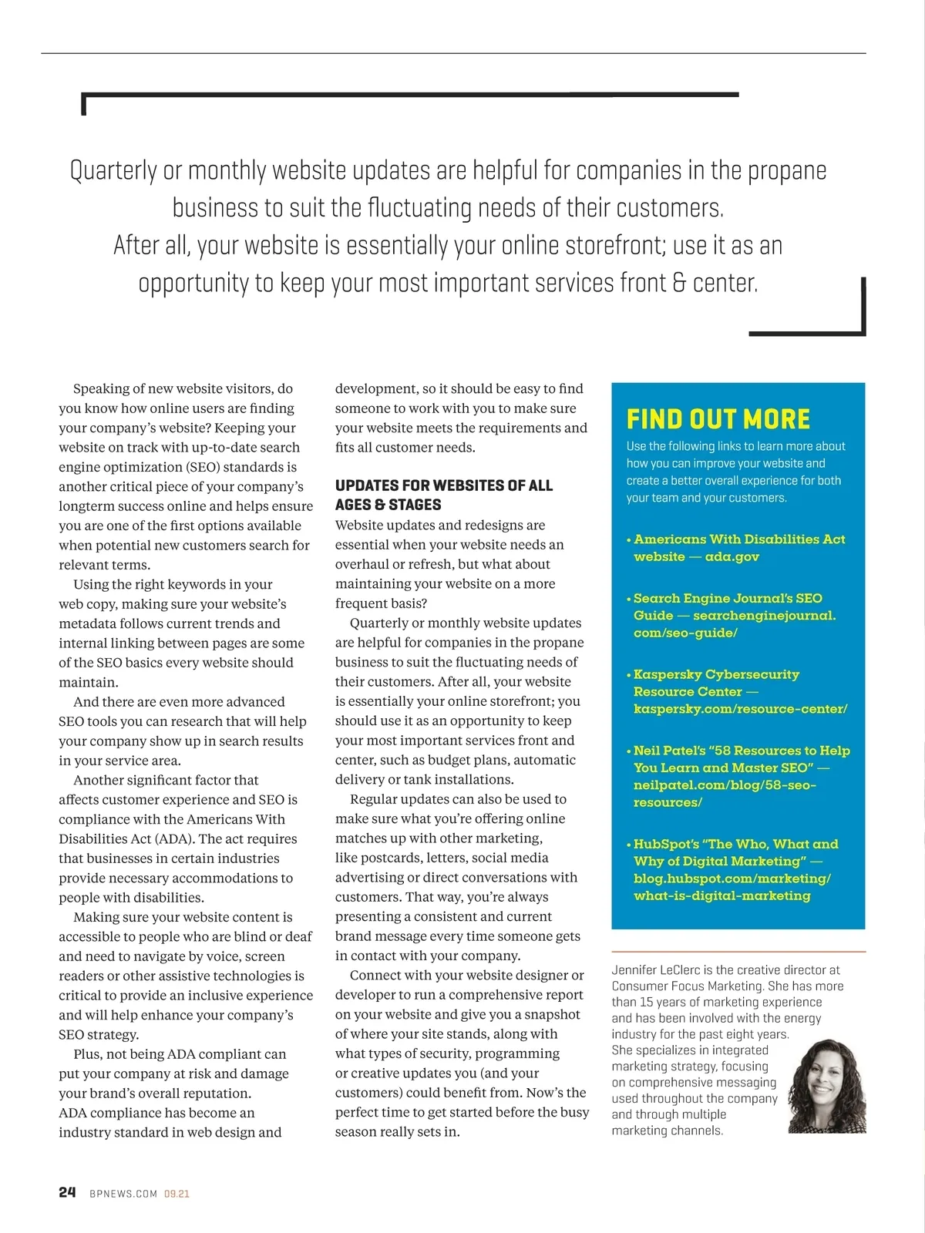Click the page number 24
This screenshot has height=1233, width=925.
point(67,1192)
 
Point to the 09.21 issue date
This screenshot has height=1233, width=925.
point(177,1194)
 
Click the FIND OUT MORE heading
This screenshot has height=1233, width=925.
point(718,419)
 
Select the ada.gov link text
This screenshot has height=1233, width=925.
point(732,556)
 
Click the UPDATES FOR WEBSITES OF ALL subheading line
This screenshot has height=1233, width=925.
point(443,485)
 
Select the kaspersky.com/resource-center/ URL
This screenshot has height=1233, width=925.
point(740,709)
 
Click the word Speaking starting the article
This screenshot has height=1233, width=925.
point(103,389)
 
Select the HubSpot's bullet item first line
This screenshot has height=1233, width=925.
point(735,844)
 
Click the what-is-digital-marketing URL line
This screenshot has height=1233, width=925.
point(721,895)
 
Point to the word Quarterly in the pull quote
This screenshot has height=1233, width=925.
point(113,170)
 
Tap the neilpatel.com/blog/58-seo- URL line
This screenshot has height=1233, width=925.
point(725,785)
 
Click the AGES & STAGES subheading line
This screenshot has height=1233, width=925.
point(388,505)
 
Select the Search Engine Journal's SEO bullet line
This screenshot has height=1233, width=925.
point(728,598)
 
